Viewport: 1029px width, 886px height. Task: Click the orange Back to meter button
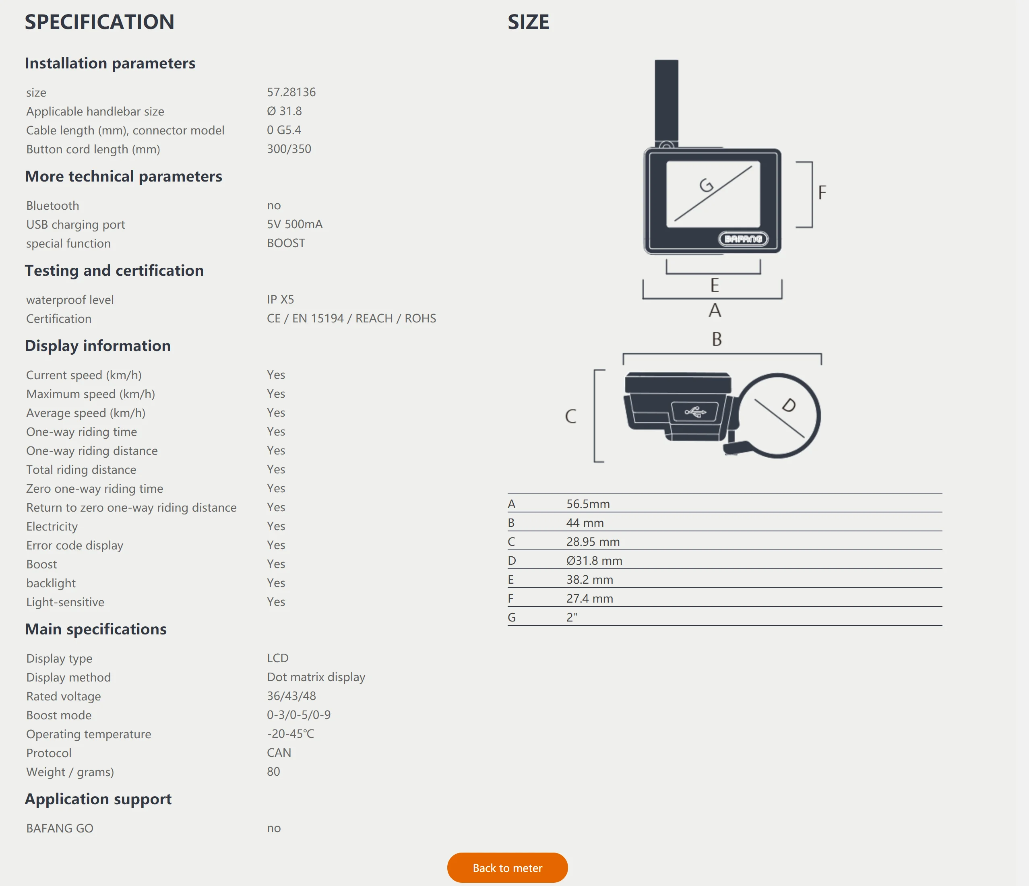(507, 867)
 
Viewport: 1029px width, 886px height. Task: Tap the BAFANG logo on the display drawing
(743, 239)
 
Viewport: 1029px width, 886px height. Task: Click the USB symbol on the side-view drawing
(695, 412)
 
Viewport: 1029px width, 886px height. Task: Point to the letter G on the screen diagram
(706, 186)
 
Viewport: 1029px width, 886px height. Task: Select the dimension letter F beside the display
(822, 193)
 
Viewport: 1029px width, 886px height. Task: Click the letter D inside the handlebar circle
(789, 405)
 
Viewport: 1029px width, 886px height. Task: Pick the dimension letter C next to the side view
(570, 416)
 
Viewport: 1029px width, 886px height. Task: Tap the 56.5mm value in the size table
(588, 504)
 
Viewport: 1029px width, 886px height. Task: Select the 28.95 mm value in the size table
(593, 541)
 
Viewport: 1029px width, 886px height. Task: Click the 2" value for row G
(572, 618)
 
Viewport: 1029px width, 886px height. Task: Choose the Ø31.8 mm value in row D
(594, 561)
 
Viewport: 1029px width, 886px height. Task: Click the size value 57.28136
(291, 92)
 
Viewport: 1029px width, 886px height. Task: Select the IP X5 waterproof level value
(280, 299)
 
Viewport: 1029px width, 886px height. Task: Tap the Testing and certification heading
(114, 270)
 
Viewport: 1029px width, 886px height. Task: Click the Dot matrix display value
(316, 677)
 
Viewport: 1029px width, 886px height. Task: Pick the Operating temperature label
(89, 734)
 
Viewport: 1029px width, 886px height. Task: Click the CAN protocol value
(279, 752)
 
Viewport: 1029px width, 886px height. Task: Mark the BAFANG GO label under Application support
(60, 828)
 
